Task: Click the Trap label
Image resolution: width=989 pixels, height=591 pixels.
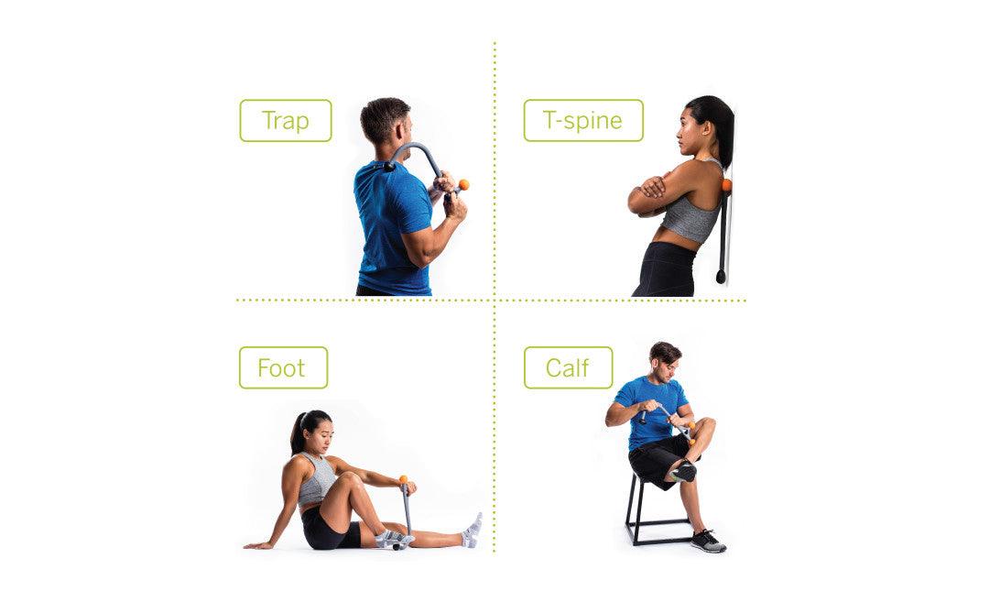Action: (x=286, y=121)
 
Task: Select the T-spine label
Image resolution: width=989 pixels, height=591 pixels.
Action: (x=583, y=121)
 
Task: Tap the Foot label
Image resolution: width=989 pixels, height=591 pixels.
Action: (x=283, y=367)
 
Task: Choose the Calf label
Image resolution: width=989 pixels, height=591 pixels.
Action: (x=569, y=367)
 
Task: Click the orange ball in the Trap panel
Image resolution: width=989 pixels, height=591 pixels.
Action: (x=463, y=185)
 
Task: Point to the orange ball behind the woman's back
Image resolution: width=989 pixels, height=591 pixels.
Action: (x=726, y=185)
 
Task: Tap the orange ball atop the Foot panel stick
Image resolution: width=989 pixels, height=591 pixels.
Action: (x=404, y=479)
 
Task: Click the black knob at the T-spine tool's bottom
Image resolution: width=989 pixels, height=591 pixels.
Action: (x=721, y=277)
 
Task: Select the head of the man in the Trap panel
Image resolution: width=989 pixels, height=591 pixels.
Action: (x=386, y=121)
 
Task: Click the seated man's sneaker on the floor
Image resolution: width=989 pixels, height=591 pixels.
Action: (x=708, y=542)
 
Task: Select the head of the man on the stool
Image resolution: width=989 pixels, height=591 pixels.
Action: (x=664, y=362)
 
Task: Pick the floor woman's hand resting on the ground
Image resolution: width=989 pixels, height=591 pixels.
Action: (x=255, y=545)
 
